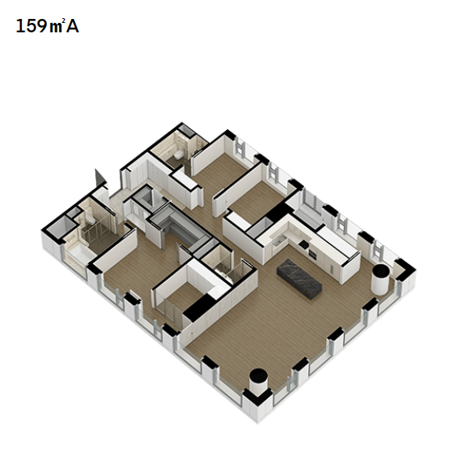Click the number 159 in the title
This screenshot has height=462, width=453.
pyautogui.click(x=32, y=26)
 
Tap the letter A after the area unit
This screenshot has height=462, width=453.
pyautogui.click(x=72, y=26)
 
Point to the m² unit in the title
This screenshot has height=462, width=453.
pyautogui.click(x=56, y=27)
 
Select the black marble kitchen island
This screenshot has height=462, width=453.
pyautogui.click(x=299, y=279)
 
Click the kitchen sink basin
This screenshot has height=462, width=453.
pyautogui.click(x=277, y=241)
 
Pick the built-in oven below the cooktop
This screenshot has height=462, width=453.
pyautogui.click(x=312, y=255)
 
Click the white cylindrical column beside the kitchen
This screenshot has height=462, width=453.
pyautogui.click(x=380, y=279)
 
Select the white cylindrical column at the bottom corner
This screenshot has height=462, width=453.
pyautogui.click(x=258, y=382)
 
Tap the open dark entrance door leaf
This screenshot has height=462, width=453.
pyautogui.click(x=99, y=177)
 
